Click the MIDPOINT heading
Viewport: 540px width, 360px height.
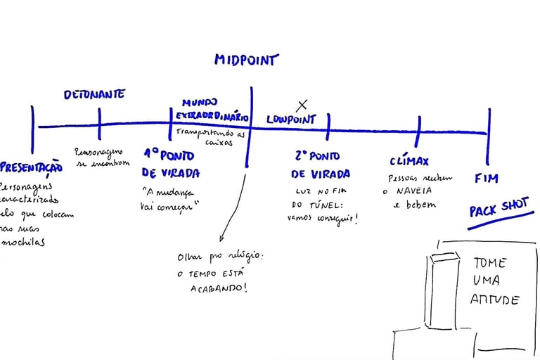pos(246,60)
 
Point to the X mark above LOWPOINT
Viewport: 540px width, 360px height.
pos(302,105)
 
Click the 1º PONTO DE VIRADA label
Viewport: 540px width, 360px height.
pos(170,162)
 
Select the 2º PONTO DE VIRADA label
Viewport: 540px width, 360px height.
pos(320,165)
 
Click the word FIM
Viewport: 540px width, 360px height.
pos(486,178)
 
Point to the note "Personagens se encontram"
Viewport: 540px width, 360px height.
pos(102,157)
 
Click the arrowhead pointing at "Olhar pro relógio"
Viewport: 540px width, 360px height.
pos(221,240)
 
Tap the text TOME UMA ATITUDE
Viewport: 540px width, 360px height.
pos(495,281)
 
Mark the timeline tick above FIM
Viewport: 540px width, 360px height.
pos(488,134)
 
